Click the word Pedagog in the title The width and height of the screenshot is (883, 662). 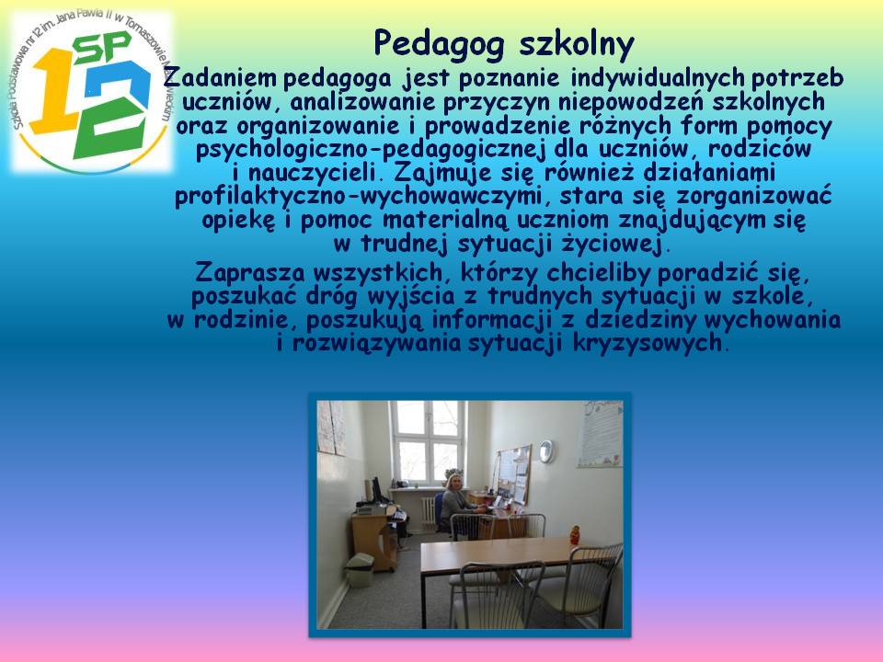[439, 44]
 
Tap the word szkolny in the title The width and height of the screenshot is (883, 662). [577, 43]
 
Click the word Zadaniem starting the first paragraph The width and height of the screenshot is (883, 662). [220, 77]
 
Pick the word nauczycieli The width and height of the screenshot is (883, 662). [312, 172]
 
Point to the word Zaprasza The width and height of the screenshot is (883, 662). [249, 273]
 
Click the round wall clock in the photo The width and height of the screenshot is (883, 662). [546, 451]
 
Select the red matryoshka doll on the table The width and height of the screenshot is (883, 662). [574, 535]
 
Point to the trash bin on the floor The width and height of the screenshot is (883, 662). [360, 570]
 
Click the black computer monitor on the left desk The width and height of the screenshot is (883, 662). [376, 490]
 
